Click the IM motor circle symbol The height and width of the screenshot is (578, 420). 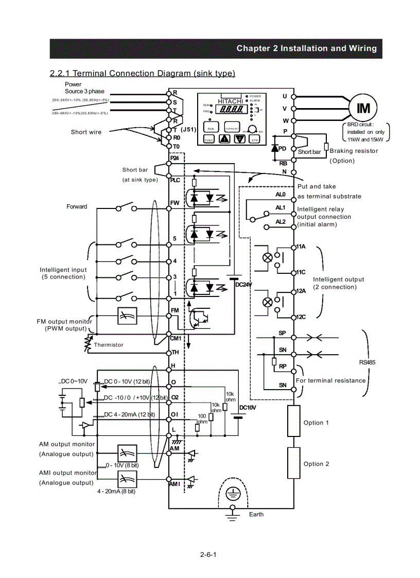363,108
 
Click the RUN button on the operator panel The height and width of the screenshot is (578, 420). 211,127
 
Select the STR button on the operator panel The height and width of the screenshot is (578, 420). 254,138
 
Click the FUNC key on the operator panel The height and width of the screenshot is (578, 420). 209,139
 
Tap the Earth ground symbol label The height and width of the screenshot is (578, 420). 256,514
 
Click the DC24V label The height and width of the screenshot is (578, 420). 243,285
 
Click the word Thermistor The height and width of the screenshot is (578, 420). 108,345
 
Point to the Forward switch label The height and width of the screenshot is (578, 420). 77,206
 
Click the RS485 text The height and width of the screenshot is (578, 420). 367,362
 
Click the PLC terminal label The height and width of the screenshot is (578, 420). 175,180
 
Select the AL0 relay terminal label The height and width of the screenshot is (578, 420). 280,195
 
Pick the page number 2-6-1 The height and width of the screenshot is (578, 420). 208,554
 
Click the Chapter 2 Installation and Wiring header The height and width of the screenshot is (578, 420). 306,48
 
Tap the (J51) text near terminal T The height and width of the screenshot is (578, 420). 189,129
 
